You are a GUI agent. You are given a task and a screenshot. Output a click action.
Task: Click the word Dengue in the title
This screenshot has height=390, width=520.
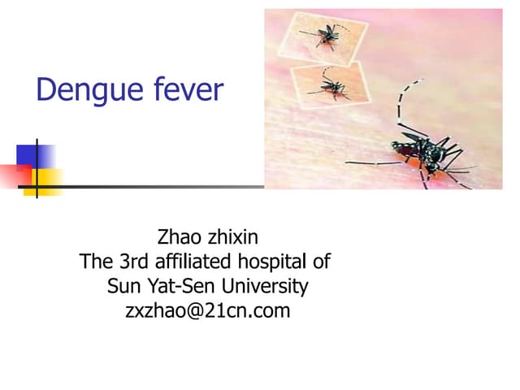[x=89, y=90]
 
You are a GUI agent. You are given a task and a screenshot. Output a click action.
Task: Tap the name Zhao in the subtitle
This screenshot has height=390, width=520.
[x=179, y=236]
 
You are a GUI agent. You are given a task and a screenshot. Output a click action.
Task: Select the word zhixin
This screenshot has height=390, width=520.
[x=233, y=236]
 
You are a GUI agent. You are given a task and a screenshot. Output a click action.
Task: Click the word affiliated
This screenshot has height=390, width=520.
[x=193, y=261]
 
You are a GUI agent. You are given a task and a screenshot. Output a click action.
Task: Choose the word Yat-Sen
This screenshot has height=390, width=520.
[x=180, y=285]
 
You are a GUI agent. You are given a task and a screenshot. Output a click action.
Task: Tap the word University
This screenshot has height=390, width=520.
[x=265, y=287]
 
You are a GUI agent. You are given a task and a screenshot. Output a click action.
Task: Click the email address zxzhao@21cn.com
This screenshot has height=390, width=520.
[x=208, y=311]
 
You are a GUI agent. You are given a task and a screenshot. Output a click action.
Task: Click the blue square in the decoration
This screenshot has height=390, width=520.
[x=36, y=156]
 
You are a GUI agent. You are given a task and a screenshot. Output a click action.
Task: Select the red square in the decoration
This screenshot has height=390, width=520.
[x=16, y=175]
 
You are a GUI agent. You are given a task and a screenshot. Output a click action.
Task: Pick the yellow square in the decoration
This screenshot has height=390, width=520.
[x=43, y=182]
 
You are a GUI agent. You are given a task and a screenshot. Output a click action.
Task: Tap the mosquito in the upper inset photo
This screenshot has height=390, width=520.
[x=327, y=36]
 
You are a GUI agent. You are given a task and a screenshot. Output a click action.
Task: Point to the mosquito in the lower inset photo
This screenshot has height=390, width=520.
[x=331, y=87]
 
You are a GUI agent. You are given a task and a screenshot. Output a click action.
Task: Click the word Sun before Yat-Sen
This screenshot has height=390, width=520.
[x=123, y=286]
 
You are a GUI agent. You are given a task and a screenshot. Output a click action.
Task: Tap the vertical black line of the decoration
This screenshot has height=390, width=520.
[x=37, y=168]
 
